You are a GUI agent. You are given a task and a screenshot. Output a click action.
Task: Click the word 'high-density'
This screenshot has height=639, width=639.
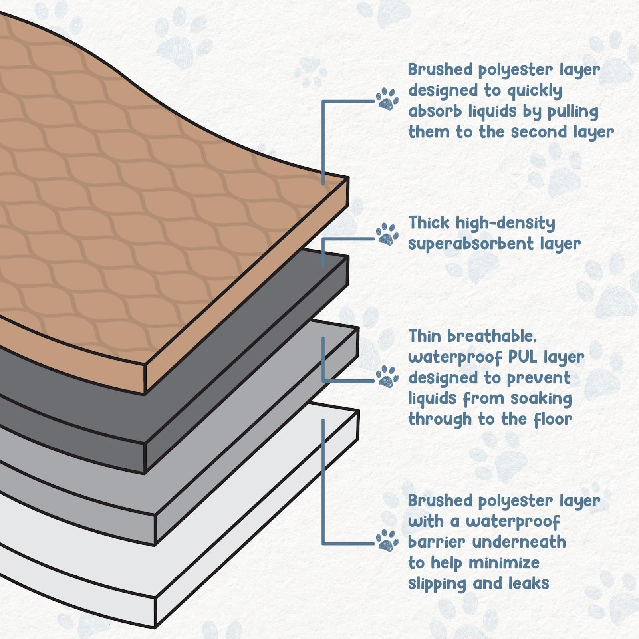(505, 223)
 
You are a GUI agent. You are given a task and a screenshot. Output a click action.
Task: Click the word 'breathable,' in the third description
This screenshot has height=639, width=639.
(492, 336)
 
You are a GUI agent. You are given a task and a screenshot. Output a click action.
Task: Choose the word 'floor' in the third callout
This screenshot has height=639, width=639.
(553, 419)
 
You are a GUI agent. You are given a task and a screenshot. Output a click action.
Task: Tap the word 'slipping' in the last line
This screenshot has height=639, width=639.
(437, 584)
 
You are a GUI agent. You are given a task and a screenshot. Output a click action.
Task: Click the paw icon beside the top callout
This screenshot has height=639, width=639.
(387, 99)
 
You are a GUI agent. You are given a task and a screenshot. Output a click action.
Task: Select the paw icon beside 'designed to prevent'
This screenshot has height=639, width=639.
(387, 376)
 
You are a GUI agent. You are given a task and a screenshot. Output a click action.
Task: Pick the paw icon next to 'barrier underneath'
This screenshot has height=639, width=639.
(387, 540)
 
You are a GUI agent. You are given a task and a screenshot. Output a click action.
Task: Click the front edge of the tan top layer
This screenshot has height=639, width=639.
(246, 288)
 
